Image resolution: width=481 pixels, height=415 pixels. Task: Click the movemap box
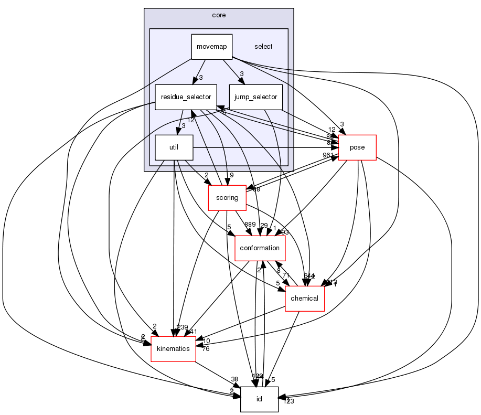tap(211, 46)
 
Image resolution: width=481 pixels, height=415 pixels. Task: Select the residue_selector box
tap(186, 97)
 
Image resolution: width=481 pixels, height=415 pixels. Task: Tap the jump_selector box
tap(256, 97)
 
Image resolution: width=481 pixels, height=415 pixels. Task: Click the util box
tap(174, 147)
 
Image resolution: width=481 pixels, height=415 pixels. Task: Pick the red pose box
tap(357, 147)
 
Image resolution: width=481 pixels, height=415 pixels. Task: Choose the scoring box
tap(227, 198)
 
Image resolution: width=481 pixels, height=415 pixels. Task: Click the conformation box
tap(260, 248)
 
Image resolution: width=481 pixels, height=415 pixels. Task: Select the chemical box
tap(304, 298)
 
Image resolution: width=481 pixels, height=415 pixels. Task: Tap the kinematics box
tap(174, 348)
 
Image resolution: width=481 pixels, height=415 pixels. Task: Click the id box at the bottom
tap(259, 399)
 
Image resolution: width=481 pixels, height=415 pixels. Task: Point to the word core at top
tap(219, 15)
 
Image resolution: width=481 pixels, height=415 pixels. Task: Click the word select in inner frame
tap(263, 46)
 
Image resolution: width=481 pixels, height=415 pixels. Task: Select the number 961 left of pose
tap(328, 155)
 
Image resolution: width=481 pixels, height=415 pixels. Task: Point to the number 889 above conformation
tap(249, 225)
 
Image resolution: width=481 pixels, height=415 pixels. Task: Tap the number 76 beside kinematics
tap(206, 349)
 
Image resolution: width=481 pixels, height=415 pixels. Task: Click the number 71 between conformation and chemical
tap(286, 275)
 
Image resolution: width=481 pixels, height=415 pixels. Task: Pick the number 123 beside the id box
tap(288, 401)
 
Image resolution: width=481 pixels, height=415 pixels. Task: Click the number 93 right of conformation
tap(285, 232)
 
